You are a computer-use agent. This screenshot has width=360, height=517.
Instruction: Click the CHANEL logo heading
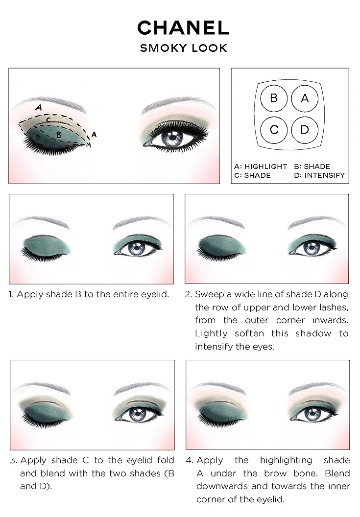(183, 28)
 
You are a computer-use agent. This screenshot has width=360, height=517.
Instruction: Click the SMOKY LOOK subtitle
(184, 48)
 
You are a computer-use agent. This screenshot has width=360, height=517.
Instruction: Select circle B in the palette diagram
(273, 98)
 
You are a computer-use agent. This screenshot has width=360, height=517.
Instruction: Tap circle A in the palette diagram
(305, 98)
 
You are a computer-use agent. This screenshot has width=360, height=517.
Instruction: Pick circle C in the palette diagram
(273, 130)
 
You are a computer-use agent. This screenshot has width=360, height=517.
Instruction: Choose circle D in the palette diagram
(305, 130)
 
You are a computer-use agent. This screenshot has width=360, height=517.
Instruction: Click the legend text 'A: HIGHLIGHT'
(261, 166)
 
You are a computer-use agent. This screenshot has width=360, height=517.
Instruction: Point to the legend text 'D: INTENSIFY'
(319, 175)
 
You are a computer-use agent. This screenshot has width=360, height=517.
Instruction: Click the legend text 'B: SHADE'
(312, 166)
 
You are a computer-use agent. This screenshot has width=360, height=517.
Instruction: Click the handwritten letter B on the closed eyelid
(59, 135)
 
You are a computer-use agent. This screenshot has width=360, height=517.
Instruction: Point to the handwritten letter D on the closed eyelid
(38, 137)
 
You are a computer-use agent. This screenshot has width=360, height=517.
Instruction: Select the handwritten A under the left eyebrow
(39, 108)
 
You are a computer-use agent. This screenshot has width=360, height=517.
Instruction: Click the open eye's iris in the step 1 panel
(136, 248)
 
